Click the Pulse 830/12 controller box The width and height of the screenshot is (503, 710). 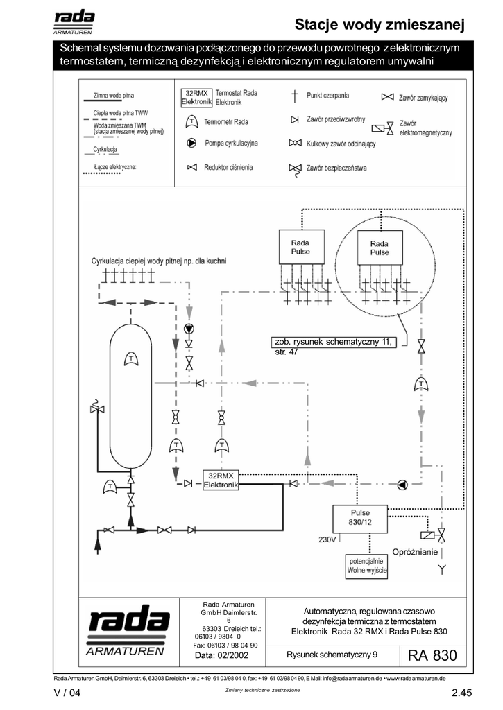click(360, 519)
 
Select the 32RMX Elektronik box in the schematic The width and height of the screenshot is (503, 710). click(221, 480)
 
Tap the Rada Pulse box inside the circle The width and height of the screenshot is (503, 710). click(380, 248)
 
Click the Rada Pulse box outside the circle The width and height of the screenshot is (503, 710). click(301, 247)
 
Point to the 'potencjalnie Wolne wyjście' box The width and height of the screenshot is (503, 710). click(366, 566)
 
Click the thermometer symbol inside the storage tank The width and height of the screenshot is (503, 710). click(131, 359)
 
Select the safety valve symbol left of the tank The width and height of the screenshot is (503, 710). click(97, 408)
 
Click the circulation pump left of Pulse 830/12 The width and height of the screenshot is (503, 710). click(402, 485)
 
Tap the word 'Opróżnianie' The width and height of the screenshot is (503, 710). click(415, 552)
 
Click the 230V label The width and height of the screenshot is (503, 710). click(327, 539)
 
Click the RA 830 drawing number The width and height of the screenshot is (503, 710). click(432, 655)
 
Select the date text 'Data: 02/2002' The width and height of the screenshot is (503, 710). click(221, 655)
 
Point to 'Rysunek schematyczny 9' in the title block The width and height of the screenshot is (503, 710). click(332, 655)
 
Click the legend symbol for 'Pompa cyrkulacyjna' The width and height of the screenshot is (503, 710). click(191, 143)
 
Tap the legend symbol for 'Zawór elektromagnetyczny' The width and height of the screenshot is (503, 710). click(383, 128)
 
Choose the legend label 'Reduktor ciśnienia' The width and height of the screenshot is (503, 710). click(228, 168)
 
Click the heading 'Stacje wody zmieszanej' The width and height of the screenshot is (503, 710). click(380, 24)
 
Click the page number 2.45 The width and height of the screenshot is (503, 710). click(462, 693)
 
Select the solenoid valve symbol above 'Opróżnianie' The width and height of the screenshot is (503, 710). click(433, 535)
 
